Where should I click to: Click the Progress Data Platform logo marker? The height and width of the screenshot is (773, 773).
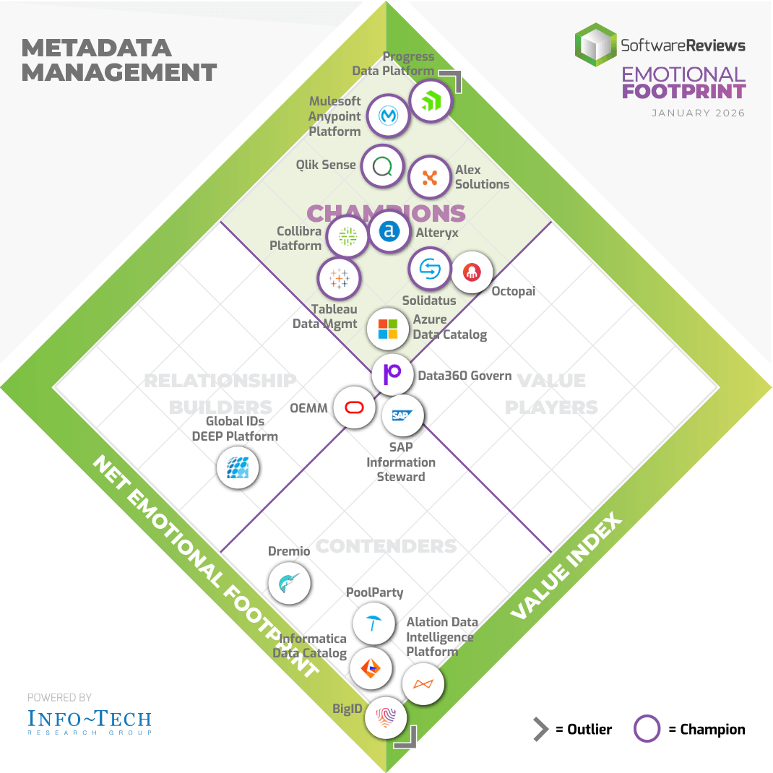tap(431, 101)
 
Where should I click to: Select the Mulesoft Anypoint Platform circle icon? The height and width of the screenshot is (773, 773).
tap(389, 116)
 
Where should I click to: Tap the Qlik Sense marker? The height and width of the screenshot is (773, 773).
tap(382, 167)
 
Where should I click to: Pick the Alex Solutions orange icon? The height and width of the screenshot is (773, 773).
tap(430, 177)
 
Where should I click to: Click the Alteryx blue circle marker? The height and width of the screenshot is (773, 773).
tap(389, 231)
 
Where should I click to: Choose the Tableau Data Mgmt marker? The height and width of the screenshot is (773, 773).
tap(339, 278)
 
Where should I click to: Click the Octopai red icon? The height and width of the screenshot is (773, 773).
tap(472, 272)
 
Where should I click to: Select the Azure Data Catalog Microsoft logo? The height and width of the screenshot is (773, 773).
tap(388, 329)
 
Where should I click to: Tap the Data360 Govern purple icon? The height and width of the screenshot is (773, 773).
tap(393, 373)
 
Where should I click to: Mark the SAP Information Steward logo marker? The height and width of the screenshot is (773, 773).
tap(402, 415)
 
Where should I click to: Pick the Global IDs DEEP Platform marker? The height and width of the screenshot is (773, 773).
tap(238, 467)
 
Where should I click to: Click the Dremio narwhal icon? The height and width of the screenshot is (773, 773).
tap(289, 582)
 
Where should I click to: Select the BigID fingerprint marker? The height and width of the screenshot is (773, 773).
tap(386, 717)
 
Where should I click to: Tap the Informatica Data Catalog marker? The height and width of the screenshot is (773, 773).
tap(371, 668)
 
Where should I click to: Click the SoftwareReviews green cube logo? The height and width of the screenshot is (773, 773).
tap(595, 45)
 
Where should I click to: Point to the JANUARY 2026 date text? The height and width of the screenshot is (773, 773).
tap(698, 113)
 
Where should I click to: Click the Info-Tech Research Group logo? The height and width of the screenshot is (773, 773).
tap(90, 721)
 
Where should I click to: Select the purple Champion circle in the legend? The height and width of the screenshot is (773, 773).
tap(647, 729)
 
